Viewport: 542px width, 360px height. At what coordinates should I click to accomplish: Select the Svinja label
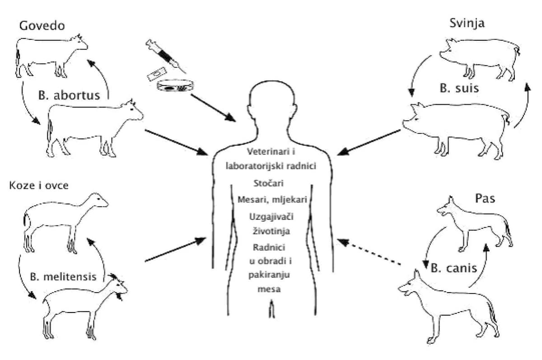pyautogui.click(x=467, y=23)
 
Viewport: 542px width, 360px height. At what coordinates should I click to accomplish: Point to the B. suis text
pyautogui.click(x=459, y=89)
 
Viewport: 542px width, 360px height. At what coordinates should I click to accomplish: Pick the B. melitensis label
pyautogui.click(x=63, y=276)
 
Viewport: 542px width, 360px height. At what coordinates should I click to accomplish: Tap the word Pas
pyautogui.click(x=486, y=199)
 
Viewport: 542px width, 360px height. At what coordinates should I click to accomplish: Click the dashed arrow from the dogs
pyautogui.click(x=370, y=252)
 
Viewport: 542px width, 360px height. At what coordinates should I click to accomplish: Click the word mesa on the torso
pyautogui.click(x=271, y=290)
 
